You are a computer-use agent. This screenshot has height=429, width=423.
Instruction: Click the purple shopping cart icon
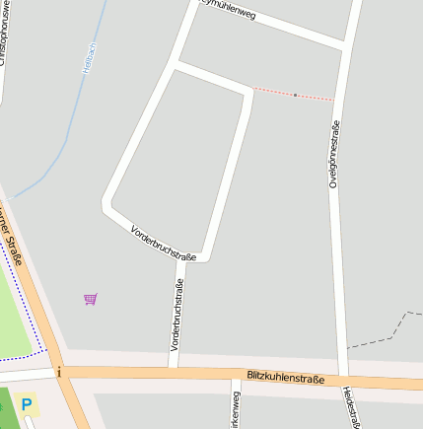[91, 298]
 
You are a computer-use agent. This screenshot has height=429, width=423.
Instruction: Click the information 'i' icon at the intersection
[59, 372]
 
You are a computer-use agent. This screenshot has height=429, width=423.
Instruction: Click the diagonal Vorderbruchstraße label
[164, 243]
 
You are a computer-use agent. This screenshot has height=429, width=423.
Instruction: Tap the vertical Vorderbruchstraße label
[177, 316]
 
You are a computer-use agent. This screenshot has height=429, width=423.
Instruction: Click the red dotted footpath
[314, 97]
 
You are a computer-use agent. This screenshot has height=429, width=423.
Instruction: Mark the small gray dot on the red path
[295, 95]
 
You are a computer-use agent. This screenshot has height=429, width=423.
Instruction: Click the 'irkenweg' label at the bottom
[236, 409]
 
